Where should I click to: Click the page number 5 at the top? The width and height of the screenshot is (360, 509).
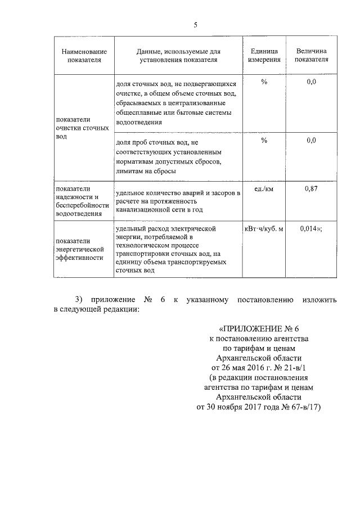195,25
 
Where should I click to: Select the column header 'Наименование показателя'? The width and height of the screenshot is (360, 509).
84,55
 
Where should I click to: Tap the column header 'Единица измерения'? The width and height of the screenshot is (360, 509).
264,55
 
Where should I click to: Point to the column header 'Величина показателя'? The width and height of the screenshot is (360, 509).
311,55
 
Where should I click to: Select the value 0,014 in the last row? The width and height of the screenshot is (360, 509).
308,229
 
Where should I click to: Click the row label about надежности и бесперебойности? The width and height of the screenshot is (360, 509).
82,201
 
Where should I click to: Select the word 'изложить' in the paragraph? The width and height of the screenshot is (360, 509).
319,300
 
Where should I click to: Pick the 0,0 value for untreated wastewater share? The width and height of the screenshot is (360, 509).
311,82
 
